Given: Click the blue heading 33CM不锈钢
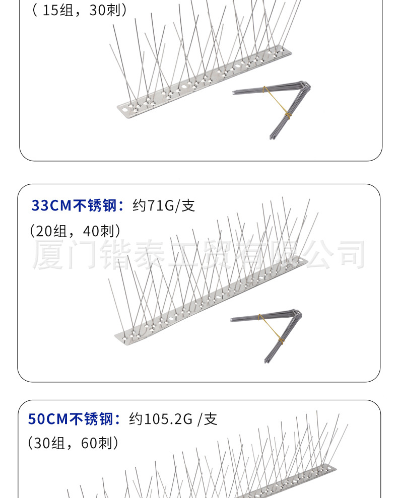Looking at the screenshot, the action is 76,205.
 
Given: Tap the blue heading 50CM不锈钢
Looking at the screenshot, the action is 73,419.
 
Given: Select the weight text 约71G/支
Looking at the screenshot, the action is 164,205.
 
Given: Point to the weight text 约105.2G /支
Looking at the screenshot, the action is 173,419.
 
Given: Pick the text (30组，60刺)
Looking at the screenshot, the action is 74,443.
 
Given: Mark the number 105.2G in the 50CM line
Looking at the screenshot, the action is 168,419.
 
